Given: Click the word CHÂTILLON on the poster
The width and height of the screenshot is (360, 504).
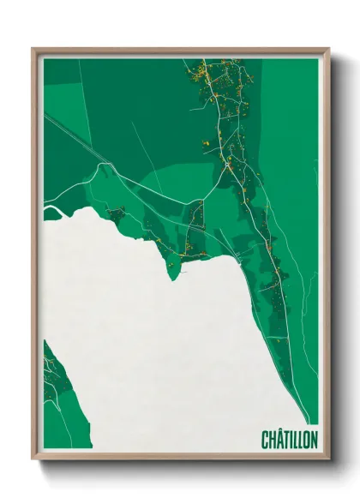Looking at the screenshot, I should (x=289, y=440).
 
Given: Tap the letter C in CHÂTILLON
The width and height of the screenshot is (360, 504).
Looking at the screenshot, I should (x=265, y=440).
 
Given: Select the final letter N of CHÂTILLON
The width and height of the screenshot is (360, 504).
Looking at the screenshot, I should (x=314, y=440).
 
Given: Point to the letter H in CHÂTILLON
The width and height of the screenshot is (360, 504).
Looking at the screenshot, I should (x=272, y=440).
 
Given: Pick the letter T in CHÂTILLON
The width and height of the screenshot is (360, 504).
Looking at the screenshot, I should (x=285, y=440).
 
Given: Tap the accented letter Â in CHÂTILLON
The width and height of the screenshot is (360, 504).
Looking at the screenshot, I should (x=279, y=439).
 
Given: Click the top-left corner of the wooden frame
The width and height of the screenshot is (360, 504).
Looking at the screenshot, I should (x=33, y=49).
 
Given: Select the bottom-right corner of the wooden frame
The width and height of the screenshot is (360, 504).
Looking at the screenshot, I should (x=328, y=459).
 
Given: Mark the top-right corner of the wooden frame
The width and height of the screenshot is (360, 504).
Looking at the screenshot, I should (x=328, y=49).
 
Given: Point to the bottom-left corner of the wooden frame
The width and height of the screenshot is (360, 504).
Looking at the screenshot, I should (x=33, y=459).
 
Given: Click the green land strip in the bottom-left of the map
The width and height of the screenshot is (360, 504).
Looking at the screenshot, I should (x=53, y=386).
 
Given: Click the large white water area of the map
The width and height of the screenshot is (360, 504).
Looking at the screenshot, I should (x=154, y=343).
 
